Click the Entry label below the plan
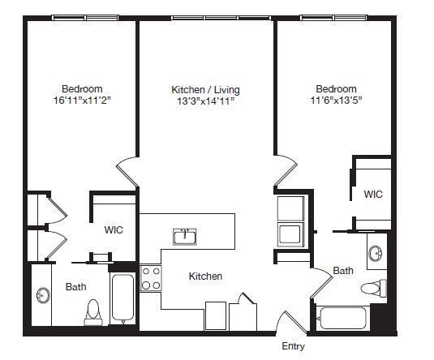point(293,346)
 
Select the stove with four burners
point(151,278)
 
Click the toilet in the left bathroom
point(92,311)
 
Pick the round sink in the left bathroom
point(43,296)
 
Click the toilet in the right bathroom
point(376,288)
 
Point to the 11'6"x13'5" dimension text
point(336,101)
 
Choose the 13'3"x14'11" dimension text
point(205,101)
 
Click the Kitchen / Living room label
point(205,89)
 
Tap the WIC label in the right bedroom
point(373,195)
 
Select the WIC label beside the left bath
point(114,230)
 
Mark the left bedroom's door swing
point(127,173)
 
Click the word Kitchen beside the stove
point(205,276)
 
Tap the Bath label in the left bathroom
point(76,286)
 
